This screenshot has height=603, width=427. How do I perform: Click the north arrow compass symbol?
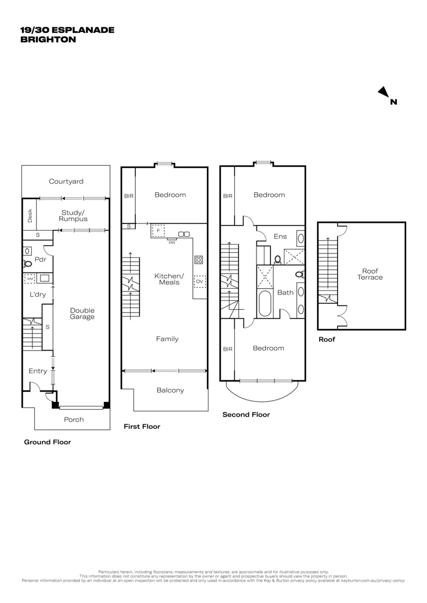tap(383, 92)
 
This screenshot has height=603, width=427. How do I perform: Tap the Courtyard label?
tap(66, 181)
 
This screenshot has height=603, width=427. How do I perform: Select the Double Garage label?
tap(82, 313)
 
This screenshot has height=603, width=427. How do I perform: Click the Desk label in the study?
tap(30, 216)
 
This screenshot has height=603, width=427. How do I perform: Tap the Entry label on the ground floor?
tap(38, 371)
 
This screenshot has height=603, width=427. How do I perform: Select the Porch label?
tap(74, 419)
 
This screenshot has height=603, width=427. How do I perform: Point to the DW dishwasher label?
tap(172, 242)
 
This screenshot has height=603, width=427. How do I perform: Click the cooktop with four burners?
tap(198, 259)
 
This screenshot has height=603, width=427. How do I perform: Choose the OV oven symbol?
tap(199, 281)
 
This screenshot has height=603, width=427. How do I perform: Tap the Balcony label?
tap(170, 390)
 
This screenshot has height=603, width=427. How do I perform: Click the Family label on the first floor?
tap(167, 339)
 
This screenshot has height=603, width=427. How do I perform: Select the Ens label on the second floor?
tap(280, 236)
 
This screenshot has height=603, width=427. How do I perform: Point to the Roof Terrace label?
tap(371, 274)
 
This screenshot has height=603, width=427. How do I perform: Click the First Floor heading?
tap(142, 427)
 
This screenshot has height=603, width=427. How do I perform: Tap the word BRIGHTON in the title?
tap(48, 40)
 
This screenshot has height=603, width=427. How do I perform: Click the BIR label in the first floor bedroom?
tap(128, 196)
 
